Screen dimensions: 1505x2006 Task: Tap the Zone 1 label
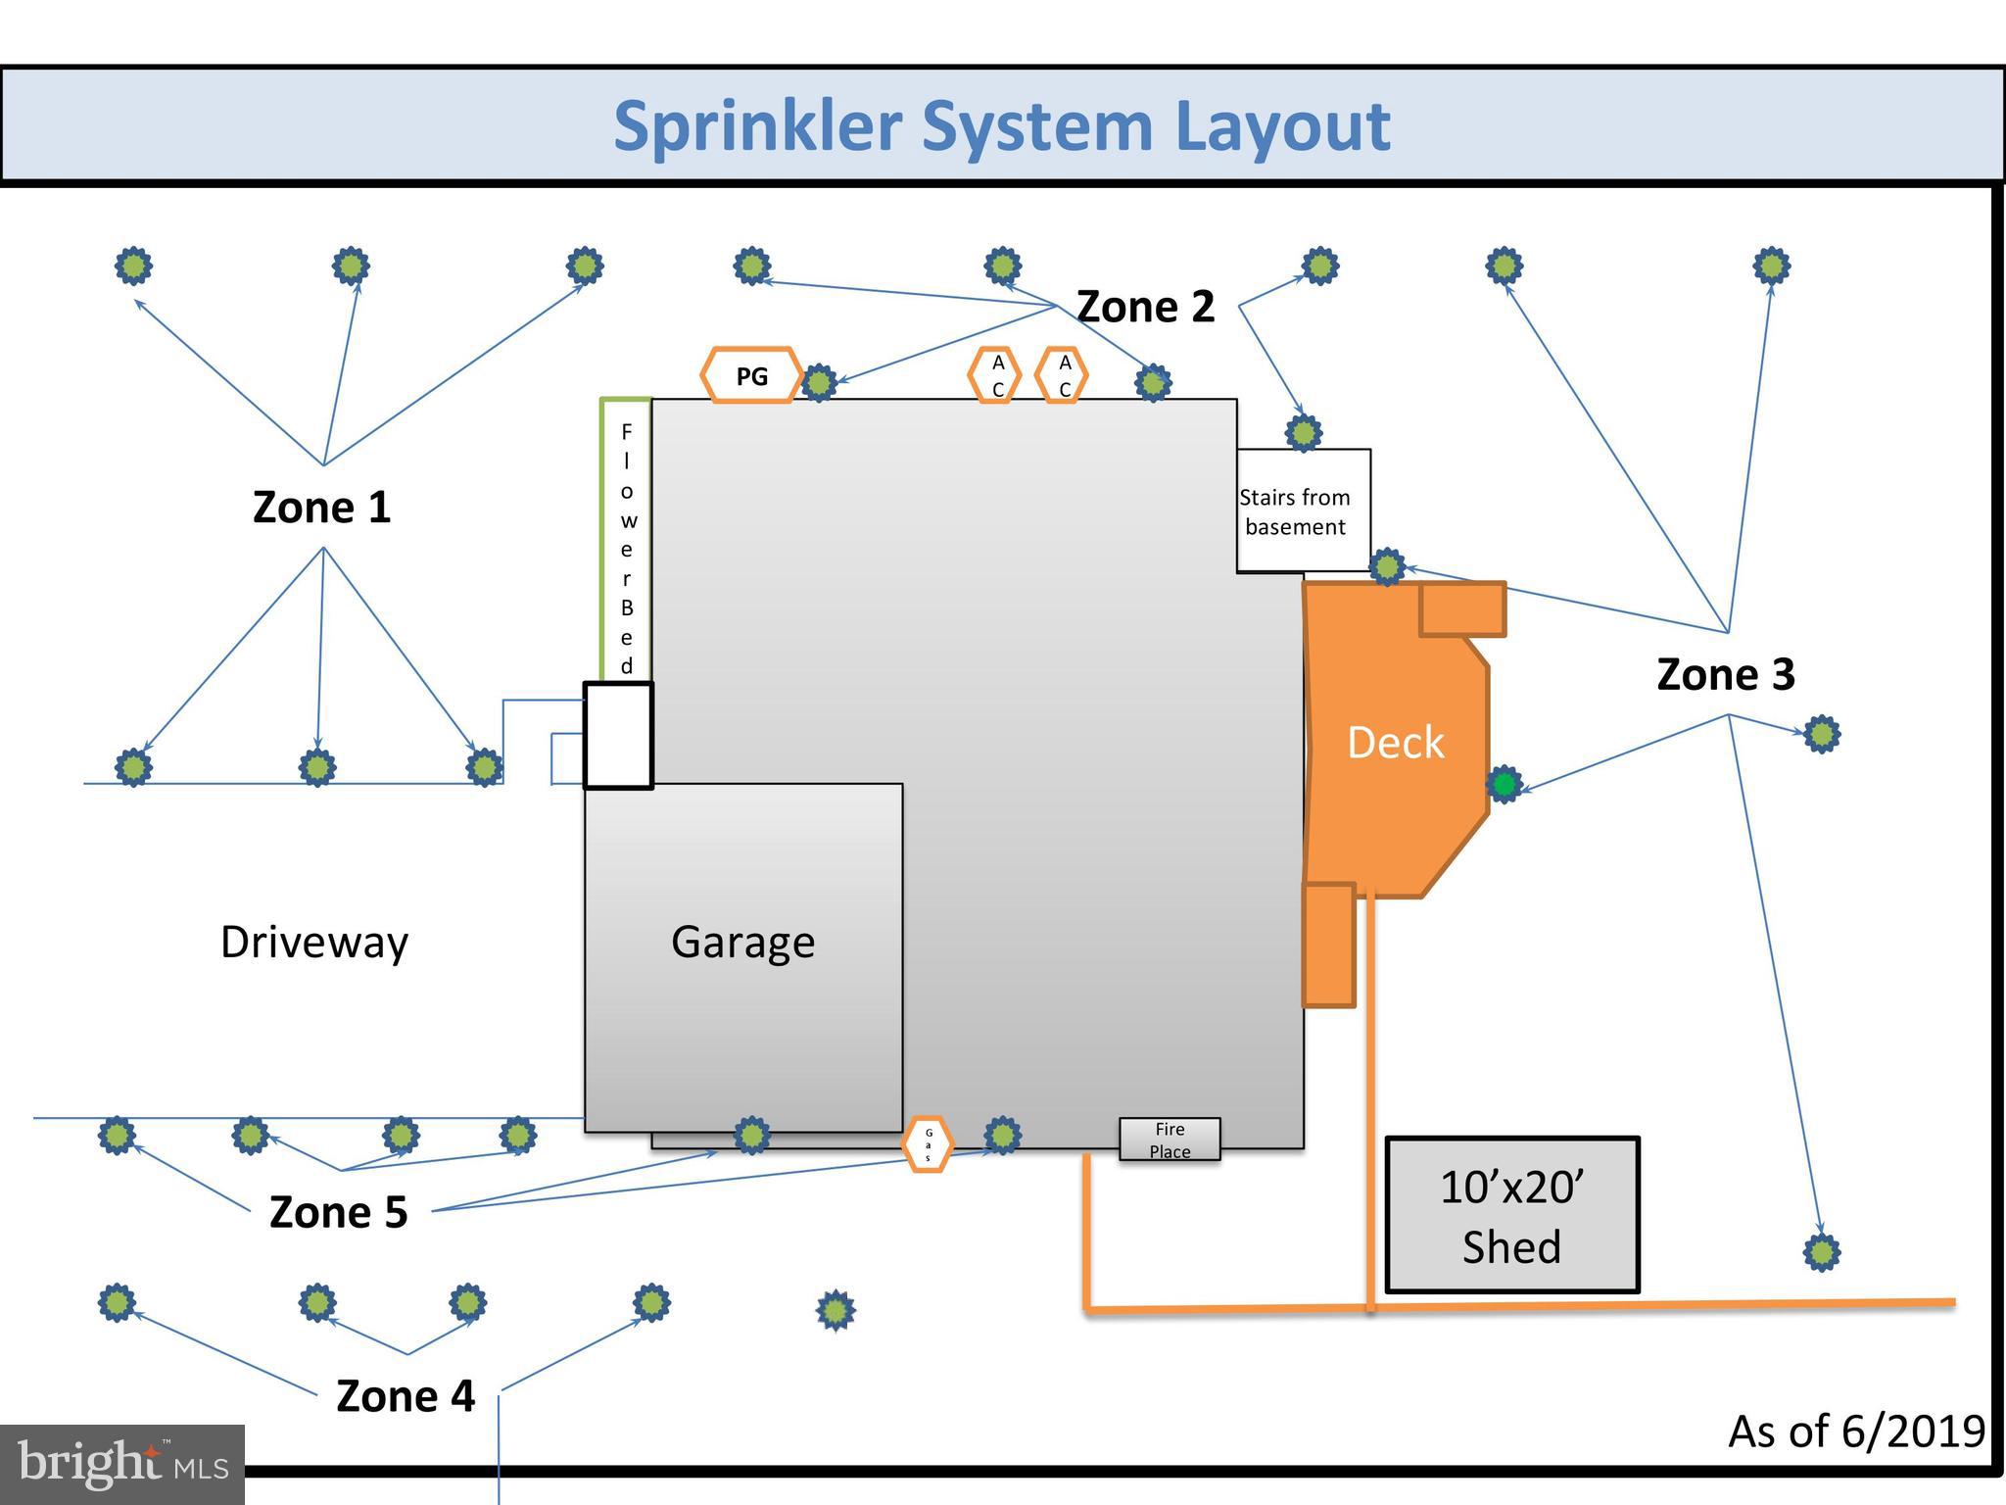[x=321, y=508]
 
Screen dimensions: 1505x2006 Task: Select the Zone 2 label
[x=1145, y=307]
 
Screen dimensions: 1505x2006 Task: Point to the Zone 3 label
[x=1725, y=674]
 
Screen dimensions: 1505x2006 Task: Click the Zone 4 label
[x=405, y=1395]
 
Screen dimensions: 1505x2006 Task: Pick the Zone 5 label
[x=338, y=1212]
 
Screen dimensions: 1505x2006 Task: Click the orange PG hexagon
[x=751, y=375]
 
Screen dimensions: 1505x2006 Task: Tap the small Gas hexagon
[x=928, y=1143]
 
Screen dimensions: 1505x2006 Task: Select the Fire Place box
[x=1170, y=1140]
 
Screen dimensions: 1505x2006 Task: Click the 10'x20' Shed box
[x=1511, y=1215]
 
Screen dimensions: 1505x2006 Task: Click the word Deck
[x=1395, y=743]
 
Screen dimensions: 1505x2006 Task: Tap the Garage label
[x=742, y=942]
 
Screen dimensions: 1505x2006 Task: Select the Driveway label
[x=313, y=942]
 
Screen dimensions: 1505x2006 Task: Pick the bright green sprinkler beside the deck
[x=1504, y=784]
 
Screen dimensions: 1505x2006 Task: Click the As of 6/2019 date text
[x=1856, y=1432]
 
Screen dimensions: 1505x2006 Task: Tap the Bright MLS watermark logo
[x=121, y=1464]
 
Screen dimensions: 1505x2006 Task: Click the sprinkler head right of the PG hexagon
[x=819, y=382]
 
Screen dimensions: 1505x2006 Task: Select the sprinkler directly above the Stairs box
[x=1303, y=432]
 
